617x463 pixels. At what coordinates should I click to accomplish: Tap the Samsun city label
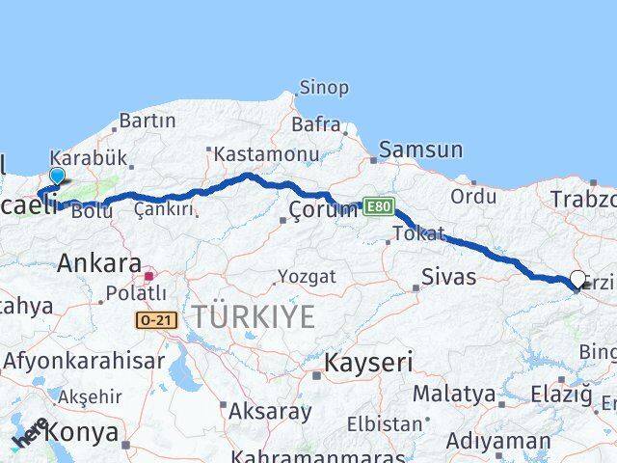pos(420,150)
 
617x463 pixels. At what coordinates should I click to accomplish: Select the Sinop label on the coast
pos(323,88)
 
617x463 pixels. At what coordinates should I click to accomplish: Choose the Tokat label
pos(419,233)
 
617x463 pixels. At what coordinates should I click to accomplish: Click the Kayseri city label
pos(367,364)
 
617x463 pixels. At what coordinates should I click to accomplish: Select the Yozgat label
pos(307,277)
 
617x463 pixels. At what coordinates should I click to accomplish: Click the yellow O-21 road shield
pos(155,319)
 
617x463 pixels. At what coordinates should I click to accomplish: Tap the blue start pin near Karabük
pos(57,176)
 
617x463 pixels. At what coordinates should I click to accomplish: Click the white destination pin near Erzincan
pos(578,279)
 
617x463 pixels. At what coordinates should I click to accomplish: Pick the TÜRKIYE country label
pos(253,316)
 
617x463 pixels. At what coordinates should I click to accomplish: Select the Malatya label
pos(454,394)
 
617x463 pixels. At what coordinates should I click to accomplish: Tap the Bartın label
pos(148,122)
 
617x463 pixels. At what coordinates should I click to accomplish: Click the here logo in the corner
pos(32,433)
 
